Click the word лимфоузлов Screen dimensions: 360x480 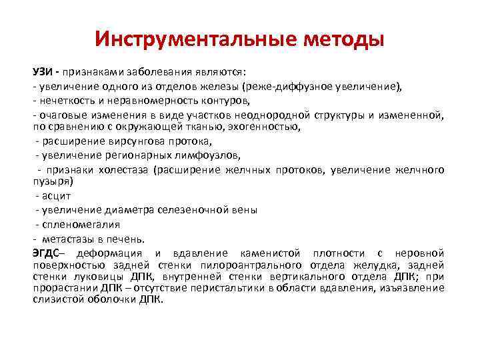207,155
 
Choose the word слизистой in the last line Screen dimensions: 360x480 57,299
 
